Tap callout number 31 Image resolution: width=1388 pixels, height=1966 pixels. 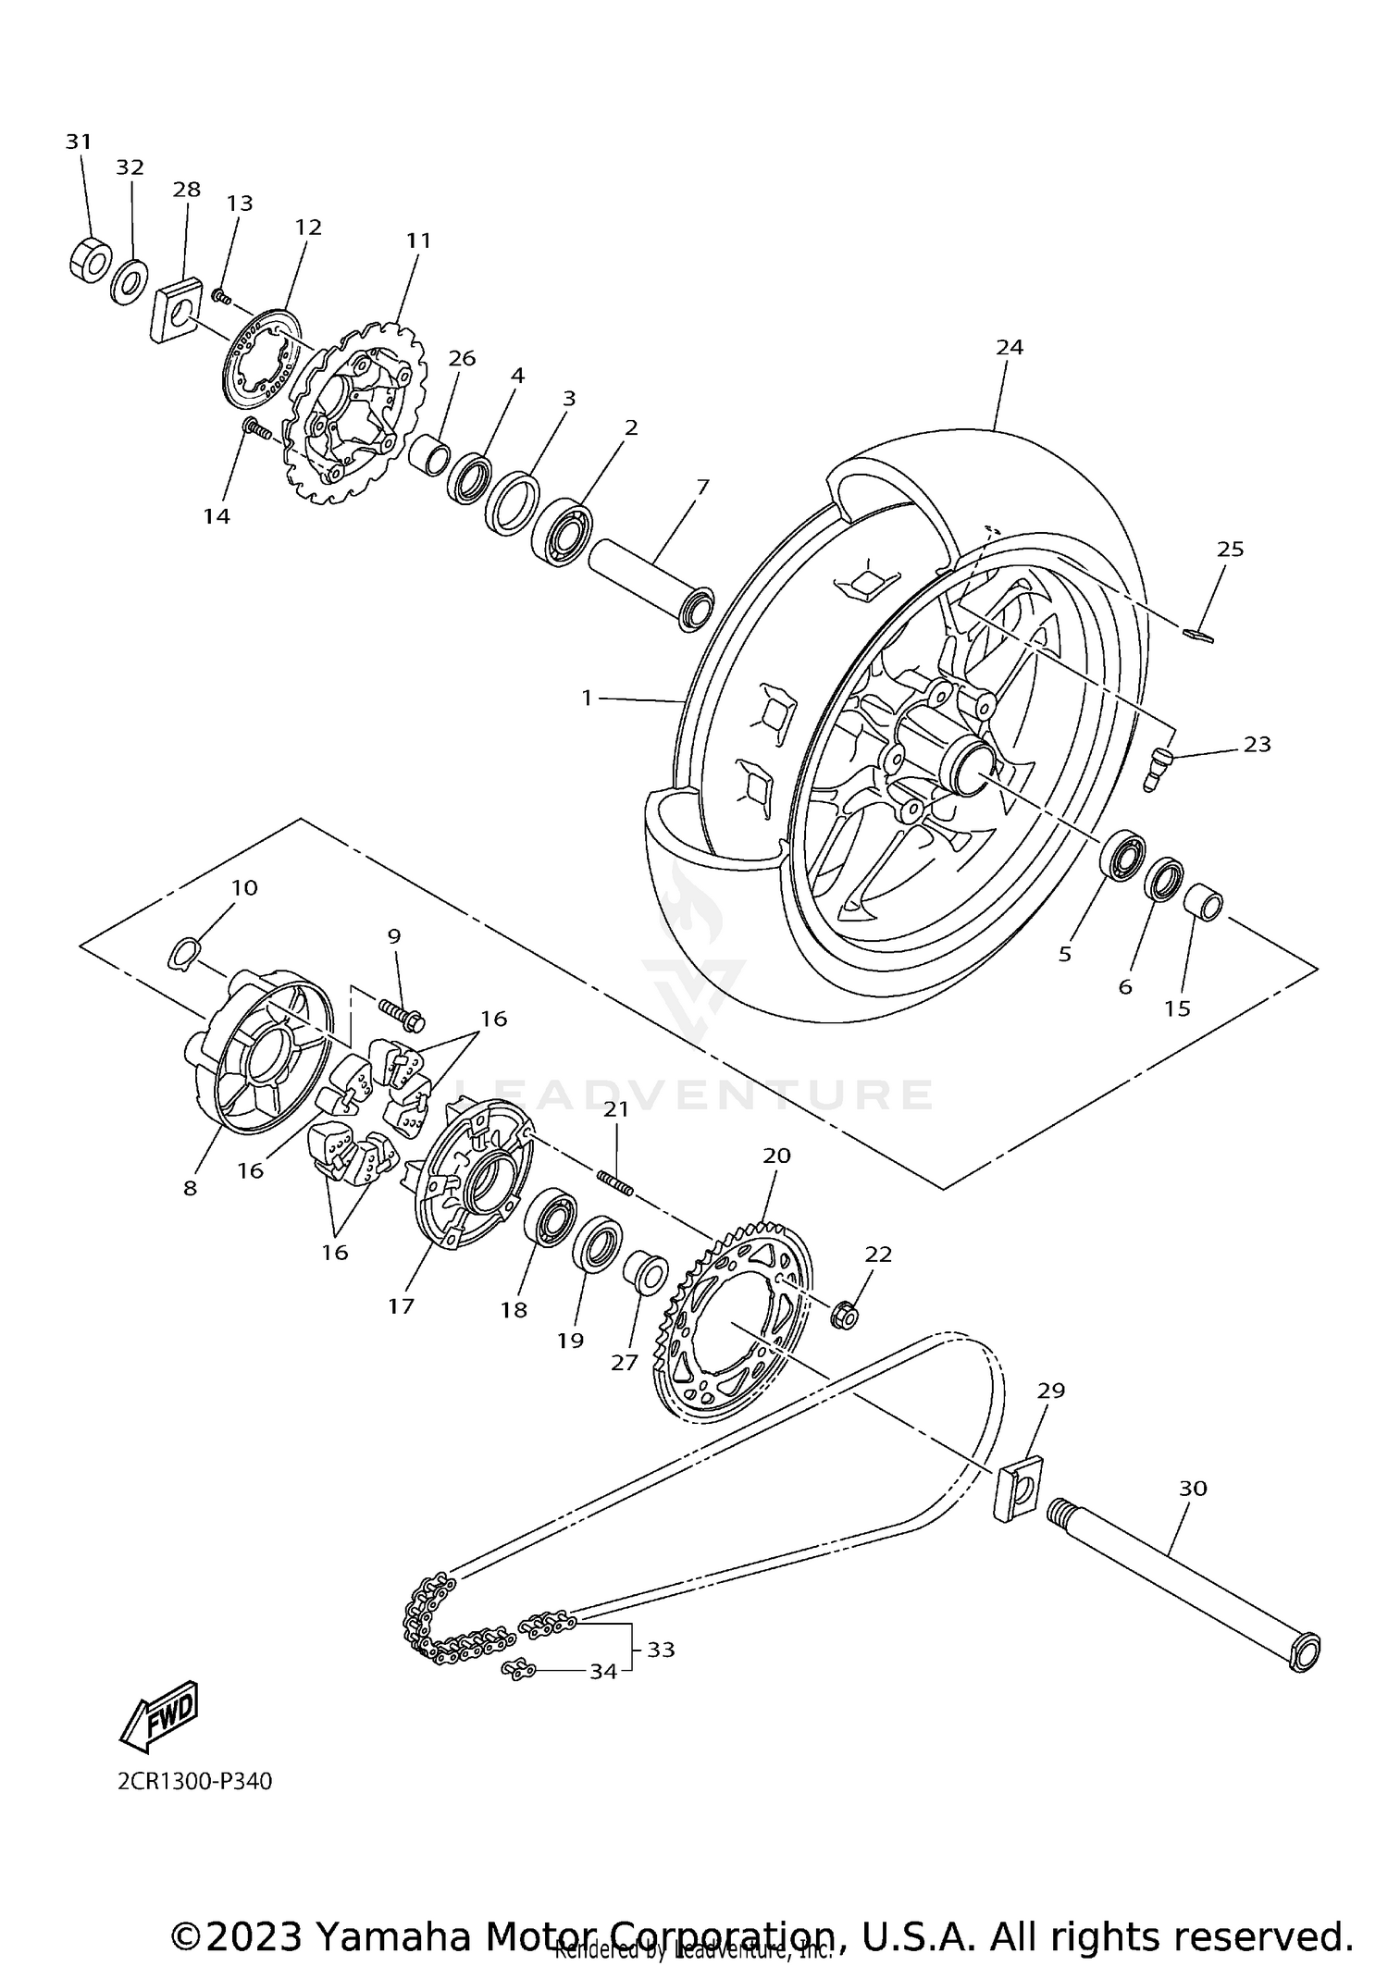[x=79, y=142]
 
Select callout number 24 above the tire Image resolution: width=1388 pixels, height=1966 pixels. [x=1010, y=347]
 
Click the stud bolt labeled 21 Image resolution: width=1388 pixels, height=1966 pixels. [x=614, y=1182]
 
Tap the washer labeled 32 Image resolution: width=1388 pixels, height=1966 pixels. [x=130, y=283]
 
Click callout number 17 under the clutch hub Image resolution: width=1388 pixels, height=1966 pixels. [x=401, y=1305]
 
